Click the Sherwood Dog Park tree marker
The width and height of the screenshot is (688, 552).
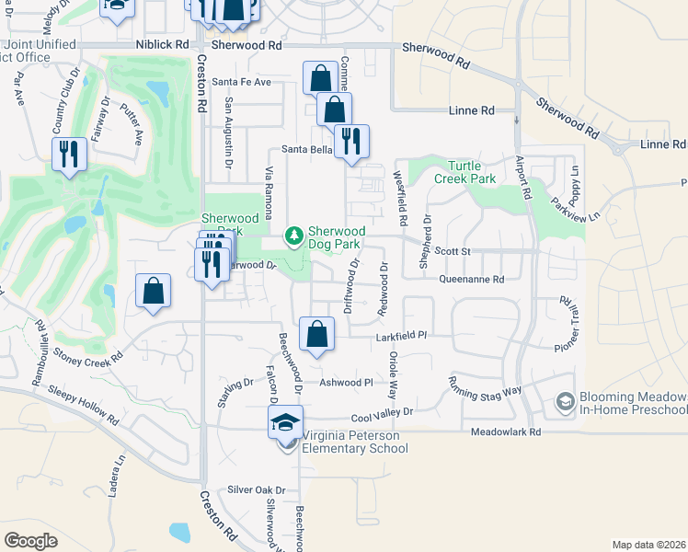(294, 237)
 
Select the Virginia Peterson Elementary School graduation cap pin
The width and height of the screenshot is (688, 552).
(285, 425)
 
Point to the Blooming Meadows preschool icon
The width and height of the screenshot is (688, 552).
(566, 401)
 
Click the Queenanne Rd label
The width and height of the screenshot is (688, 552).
(472, 279)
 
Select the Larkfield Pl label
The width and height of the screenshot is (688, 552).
(402, 338)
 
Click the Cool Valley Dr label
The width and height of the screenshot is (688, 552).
(382, 413)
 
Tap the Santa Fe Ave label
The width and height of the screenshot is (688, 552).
(242, 82)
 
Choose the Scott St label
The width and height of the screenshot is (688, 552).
(453, 250)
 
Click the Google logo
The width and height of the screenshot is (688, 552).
(30, 541)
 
